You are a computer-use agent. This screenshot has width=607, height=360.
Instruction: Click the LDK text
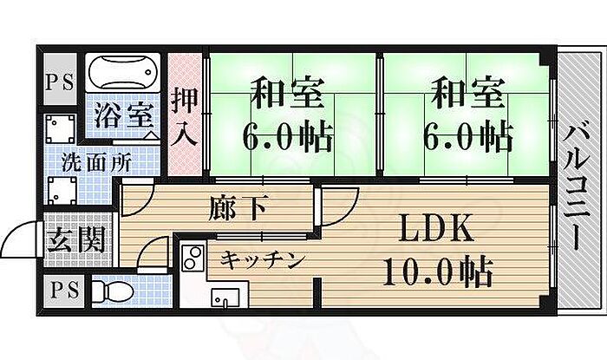[435, 229]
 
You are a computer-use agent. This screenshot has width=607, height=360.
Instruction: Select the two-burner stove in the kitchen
[193, 259]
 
